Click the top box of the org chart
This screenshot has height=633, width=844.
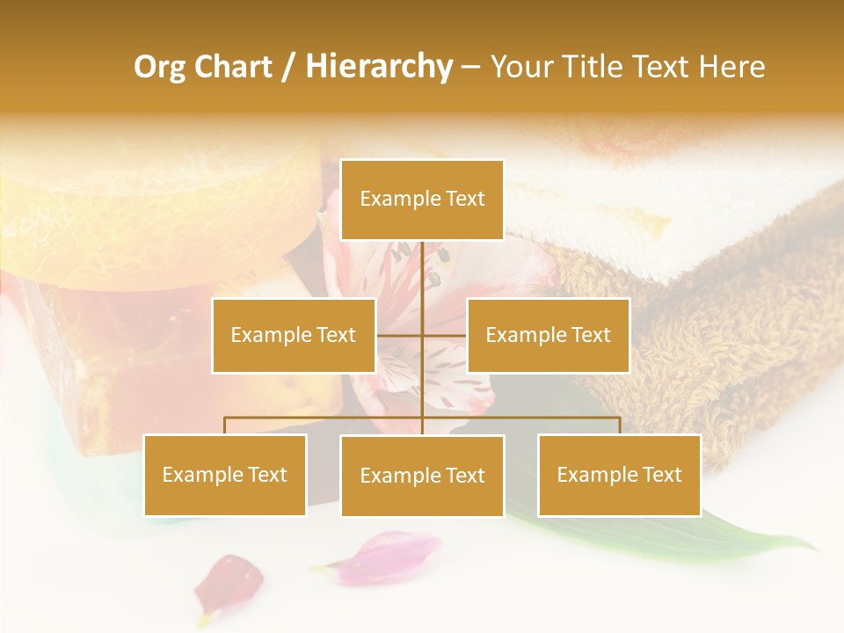coord(422,200)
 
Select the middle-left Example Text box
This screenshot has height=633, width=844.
coord(294,335)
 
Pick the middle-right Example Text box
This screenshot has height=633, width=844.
coord(548,335)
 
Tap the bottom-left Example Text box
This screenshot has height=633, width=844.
coord(225,475)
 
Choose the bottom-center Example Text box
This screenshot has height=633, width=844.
coord(422,476)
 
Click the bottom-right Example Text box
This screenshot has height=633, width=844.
coord(619,475)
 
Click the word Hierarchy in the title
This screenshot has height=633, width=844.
coord(379,66)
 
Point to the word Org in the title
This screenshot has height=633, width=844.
coord(159,66)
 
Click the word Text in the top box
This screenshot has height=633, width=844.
coord(463,199)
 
